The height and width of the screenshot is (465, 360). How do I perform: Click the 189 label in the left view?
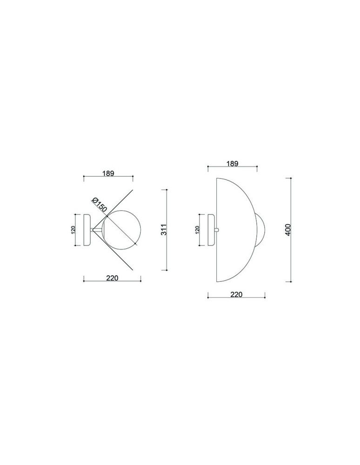(x=108, y=173)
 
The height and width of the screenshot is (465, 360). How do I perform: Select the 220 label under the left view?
(x=112, y=278)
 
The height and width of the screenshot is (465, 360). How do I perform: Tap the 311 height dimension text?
(x=163, y=230)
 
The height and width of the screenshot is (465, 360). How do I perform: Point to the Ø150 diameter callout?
(x=100, y=205)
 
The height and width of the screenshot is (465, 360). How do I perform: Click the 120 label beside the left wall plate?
(x=73, y=230)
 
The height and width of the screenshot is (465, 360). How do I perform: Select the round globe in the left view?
(x=120, y=229)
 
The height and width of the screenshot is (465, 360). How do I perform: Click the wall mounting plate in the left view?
(x=87, y=230)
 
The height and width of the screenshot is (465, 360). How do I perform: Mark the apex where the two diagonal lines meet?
(x=93, y=230)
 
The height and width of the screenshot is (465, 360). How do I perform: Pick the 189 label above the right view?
(x=232, y=163)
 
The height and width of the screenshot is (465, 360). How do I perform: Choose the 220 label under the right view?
(x=236, y=294)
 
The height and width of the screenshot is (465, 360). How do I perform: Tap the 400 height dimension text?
(x=288, y=230)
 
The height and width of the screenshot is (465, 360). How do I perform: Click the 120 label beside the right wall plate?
(x=197, y=229)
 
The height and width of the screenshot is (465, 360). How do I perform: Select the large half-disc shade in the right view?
(x=235, y=230)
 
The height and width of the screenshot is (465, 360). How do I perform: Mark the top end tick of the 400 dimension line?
(x=290, y=178)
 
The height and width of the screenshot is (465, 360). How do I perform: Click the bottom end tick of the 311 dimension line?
(x=166, y=270)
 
